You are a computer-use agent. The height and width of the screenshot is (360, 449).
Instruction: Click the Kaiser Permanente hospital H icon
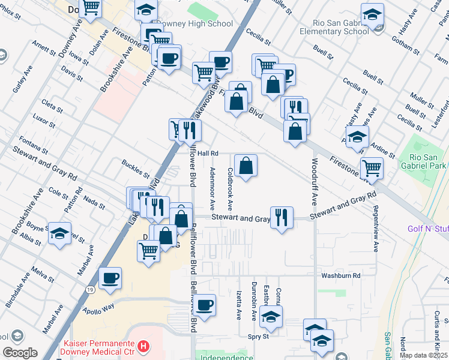(143, 346)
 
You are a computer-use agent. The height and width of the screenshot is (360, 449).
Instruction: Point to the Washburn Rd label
(340, 275)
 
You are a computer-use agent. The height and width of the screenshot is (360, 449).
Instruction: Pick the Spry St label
(258, 337)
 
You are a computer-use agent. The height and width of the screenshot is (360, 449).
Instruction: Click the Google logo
(20, 353)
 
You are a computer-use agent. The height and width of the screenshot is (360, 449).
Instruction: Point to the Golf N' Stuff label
(428, 229)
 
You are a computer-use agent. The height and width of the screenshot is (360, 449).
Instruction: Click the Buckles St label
(135, 169)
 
